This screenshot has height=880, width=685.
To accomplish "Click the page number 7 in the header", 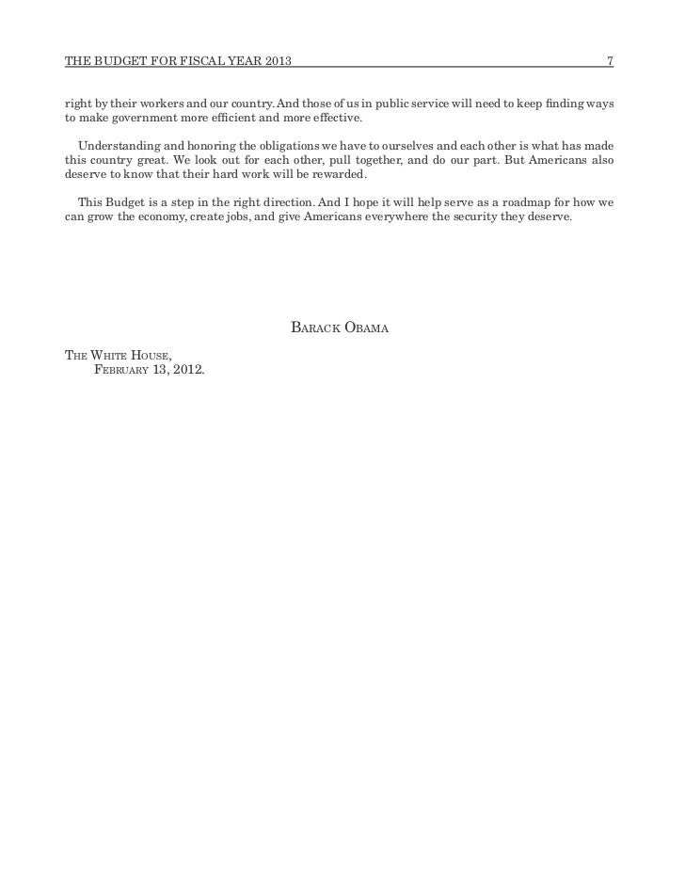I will (610, 62).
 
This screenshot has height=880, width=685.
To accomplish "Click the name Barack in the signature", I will (313, 328).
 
